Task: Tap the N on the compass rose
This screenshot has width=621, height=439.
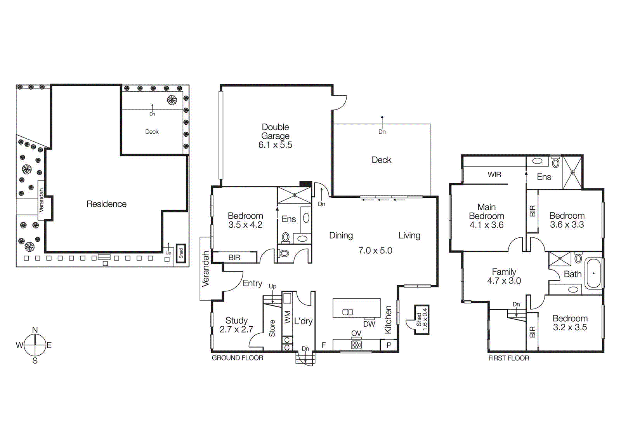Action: [35, 330]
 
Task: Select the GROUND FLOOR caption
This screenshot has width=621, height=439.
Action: [237, 358]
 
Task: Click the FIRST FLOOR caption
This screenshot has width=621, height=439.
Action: [508, 358]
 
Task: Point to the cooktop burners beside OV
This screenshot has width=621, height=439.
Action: [356, 345]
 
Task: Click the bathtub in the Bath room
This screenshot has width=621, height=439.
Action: [593, 274]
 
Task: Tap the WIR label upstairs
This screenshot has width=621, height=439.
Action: [494, 174]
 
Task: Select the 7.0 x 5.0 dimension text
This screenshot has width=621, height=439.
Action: [375, 251]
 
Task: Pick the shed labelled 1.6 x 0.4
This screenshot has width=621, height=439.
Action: [422, 319]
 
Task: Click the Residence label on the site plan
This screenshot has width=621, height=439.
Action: [106, 204]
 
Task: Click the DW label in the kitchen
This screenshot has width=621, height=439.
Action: [369, 324]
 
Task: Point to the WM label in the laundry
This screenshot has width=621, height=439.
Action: [287, 317]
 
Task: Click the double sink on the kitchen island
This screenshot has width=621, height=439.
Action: [347, 312]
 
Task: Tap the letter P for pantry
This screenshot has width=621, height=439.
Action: [389, 345]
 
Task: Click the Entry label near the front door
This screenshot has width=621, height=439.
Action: [252, 283]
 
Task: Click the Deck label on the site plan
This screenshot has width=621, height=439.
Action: [152, 132]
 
